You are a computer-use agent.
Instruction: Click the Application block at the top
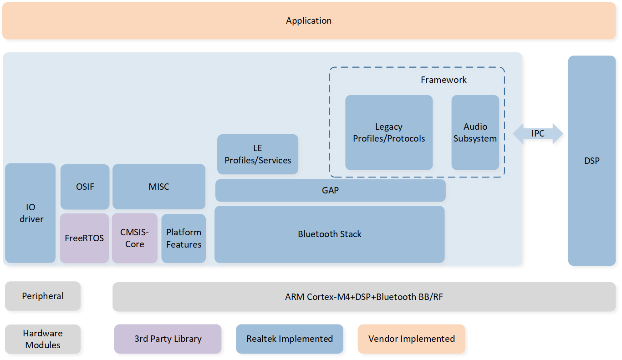pyautogui.click(x=309, y=21)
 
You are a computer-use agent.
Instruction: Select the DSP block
pyautogui.click(x=591, y=161)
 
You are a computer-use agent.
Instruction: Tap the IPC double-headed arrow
pyautogui.click(x=538, y=134)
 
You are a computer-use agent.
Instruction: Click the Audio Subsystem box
pyautogui.click(x=475, y=132)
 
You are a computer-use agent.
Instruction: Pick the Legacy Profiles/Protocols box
pyautogui.click(x=389, y=132)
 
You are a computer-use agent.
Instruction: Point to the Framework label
pyautogui.click(x=444, y=80)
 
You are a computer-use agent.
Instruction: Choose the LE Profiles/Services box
pyautogui.click(x=258, y=154)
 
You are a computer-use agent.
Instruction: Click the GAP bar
pyautogui.click(x=330, y=190)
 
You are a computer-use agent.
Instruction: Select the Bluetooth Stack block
pyautogui.click(x=329, y=234)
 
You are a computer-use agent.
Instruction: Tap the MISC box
pyautogui.click(x=159, y=187)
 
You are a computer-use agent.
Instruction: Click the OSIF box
pyautogui.click(x=85, y=187)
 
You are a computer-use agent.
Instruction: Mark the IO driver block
pyautogui.click(x=31, y=213)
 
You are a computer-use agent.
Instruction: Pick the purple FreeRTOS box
pyautogui.click(x=84, y=238)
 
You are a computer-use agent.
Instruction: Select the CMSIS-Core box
pyautogui.click(x=134, y=238)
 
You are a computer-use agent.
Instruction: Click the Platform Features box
pyautogui.click(x=184, y=238)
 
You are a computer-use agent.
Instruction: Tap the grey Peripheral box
pyautogui.click(x=43, y=296)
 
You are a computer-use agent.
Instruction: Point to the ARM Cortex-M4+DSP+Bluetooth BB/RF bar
pyautogui.click(x=364, y=297)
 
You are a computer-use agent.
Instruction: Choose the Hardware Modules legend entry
pyautogui.click(x=43, y=339)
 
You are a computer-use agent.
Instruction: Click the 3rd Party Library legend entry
pyautogui.click(x=168, y=339)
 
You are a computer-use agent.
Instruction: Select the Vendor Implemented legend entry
pyautogui.click(x=411, y=339)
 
